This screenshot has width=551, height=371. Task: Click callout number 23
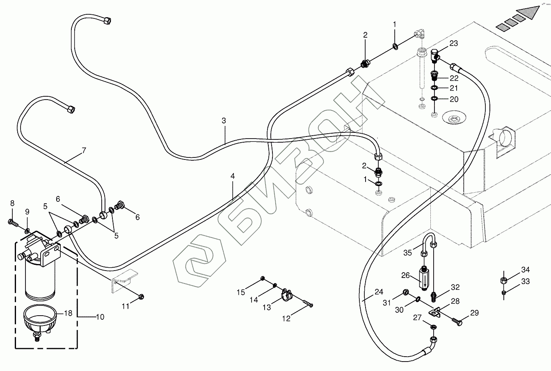click(x=453, y=43)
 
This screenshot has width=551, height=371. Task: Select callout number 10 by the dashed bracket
click(x=100, y=317)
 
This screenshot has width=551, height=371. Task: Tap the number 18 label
click(x=68, y=313)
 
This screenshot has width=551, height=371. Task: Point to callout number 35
click(x=407, y=253)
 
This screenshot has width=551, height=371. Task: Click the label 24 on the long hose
click(x=379, y=292)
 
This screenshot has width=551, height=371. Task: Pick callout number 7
click(x=84, y=150)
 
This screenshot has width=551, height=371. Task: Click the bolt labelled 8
click(x=12, y=223)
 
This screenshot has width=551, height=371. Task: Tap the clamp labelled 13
click(x=286, y=295)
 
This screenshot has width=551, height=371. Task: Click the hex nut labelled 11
click(x=142, y=296)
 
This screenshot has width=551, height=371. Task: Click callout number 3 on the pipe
click(x=224, y=121)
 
